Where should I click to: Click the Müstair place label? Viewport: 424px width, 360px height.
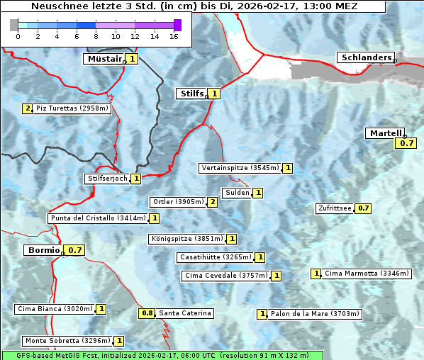(104, 59)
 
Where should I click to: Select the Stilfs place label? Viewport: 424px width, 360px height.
(191, 93)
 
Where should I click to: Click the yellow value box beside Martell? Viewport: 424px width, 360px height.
(405, 143)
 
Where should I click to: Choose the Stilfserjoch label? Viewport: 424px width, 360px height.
(107, 179)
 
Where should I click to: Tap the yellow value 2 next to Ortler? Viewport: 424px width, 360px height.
(212, 202)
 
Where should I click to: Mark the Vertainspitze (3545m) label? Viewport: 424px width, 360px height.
(240, 168)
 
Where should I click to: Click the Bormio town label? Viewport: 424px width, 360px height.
(43, 250)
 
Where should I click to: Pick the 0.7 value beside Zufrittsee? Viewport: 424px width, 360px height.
(363, 208)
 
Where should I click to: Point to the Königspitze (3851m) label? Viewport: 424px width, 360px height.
(186, 239)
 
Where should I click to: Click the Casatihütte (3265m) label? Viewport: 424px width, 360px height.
(216, 257)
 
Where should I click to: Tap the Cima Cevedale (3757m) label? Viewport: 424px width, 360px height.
(225, 275)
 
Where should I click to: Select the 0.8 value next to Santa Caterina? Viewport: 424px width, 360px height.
(147, 313)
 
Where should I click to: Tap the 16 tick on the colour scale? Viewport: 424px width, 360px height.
(174, 36)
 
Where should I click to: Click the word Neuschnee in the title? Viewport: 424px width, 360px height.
(59, 6)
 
